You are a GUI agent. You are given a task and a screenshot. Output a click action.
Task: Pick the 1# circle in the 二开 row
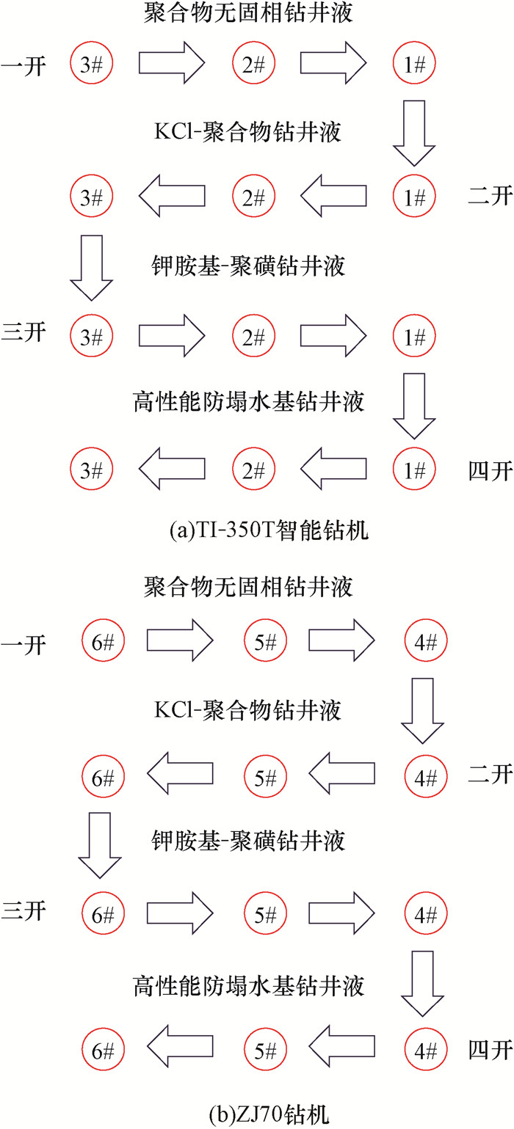(413, 197)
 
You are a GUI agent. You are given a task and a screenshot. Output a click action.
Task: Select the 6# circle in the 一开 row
(102, 643)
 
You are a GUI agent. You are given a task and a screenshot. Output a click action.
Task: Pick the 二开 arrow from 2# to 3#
(172, 197)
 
